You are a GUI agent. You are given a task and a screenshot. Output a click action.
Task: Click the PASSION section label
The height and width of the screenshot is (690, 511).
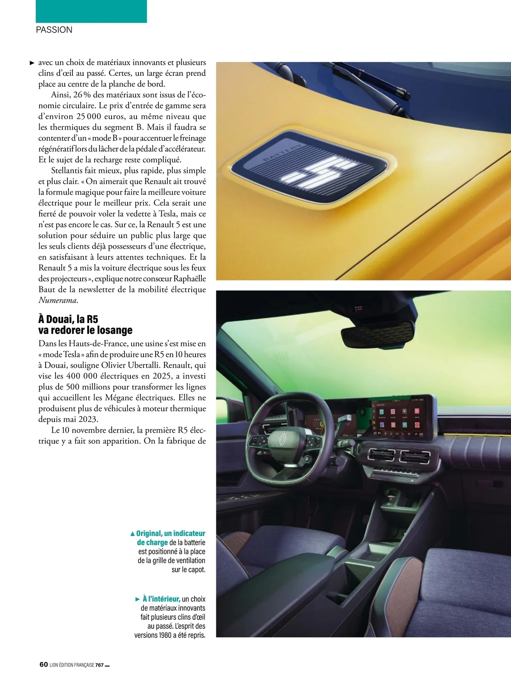(54, 30)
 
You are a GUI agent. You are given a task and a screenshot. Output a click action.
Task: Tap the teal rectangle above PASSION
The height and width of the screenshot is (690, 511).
(91, 11)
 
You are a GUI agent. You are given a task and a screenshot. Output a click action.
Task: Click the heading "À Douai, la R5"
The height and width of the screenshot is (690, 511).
(68, 319)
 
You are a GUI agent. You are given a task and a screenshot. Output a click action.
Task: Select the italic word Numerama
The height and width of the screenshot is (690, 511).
(58, 300)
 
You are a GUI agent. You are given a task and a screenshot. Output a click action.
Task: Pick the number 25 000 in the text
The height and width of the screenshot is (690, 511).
(89, 117)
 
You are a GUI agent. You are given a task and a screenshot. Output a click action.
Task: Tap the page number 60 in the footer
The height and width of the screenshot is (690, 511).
(43, 664)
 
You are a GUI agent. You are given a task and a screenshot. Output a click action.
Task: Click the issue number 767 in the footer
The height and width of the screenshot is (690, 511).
(99, 665)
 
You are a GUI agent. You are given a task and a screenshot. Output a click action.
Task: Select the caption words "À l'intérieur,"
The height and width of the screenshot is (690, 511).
(161, 599)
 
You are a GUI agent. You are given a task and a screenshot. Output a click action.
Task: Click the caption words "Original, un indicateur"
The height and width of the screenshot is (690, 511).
(170, 533)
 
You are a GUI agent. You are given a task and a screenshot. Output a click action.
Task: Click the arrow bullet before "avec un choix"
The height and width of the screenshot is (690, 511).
(32, 63)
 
